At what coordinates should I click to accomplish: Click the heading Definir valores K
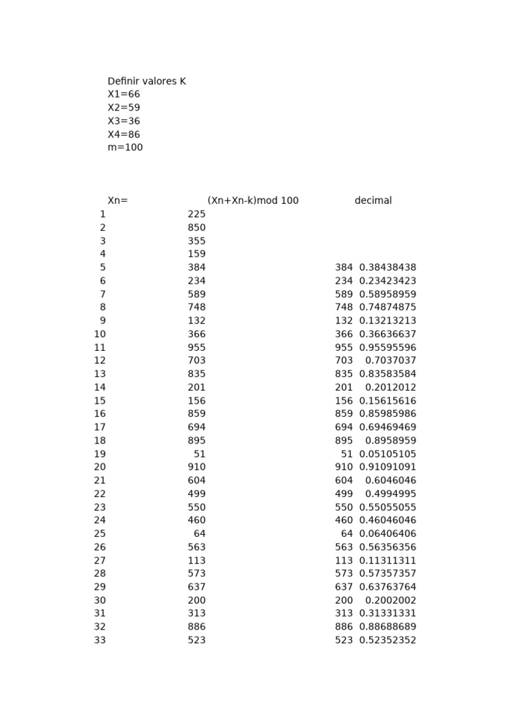click(x=147, y=81)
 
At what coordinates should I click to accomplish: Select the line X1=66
click(x=124, y=94)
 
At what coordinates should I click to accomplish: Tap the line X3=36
click(x=124, y=121)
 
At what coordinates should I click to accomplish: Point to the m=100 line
click(x=125, y=147)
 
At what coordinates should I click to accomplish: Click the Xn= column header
click(x=117, y=200)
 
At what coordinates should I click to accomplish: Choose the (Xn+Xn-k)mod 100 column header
click(x=253, y=200)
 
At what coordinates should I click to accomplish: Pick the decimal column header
click(x=373, y=200)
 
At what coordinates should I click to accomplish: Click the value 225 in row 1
click(x=196, y=214)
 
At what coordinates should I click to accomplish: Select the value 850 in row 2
click(x=196, y=227)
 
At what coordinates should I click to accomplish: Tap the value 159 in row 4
click(x=196, y=254)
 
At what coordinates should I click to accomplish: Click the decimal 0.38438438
click(x=388, y=267)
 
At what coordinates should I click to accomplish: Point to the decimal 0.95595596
click(x=388, y=347)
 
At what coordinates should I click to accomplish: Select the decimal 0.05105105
click(x=388, y=454)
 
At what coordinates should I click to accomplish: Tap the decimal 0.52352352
click(x=388, y=640)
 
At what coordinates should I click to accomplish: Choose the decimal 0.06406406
click(x=388, y=533)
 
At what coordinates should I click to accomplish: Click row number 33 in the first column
click(x=100, y=640)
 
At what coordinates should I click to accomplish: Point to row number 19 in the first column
click(x=100, y=454)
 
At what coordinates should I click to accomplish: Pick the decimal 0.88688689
click(x=388, y=627)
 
